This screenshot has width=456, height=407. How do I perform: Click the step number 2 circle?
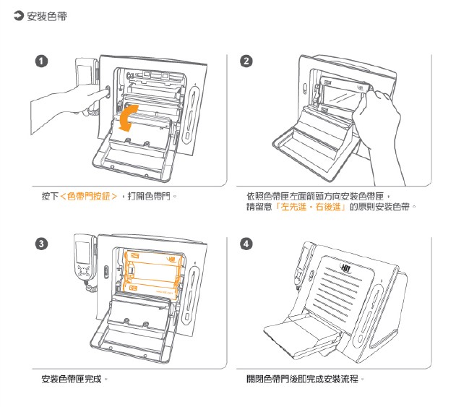click(247, 61)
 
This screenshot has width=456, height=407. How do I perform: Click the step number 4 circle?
click(247, 244)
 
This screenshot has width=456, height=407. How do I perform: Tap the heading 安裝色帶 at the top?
click(48, 16)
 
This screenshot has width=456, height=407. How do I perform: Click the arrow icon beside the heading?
click(19, 16)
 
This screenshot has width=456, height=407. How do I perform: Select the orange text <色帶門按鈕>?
click(89, 196)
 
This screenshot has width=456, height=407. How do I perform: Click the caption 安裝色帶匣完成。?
click(75, 379)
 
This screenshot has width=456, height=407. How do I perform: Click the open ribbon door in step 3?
click(137, 325)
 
